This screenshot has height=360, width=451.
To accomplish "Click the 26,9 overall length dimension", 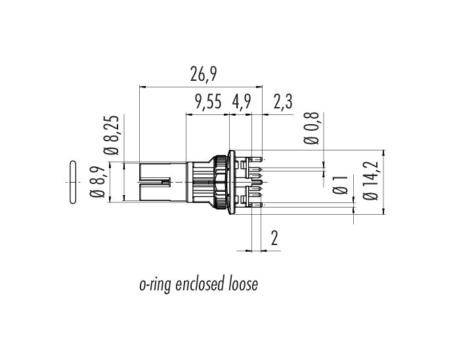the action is (203, 74).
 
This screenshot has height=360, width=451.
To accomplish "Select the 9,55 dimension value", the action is (209, 102).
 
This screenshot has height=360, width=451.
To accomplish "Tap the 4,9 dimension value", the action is (242, 102).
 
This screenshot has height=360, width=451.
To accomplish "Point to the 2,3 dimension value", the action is (283, 102).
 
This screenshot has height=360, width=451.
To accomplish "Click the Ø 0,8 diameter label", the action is (312, 128).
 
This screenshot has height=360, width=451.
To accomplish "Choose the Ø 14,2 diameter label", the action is (371, 181).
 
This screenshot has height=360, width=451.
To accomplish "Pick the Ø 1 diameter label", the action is (340, 185).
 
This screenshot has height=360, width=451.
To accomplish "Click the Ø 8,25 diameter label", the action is (112, 135).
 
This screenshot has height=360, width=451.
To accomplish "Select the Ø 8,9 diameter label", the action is (97, 181).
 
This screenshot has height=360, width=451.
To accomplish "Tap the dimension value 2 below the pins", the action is (274, 238).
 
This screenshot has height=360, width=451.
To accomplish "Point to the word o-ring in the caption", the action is (156, 285).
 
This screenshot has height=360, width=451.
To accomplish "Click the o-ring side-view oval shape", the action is (73, 182).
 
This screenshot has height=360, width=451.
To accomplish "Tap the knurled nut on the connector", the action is (220, 182).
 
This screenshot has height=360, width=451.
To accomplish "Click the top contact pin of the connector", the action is (256, 159).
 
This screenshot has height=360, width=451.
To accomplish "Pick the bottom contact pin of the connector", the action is (256, 205).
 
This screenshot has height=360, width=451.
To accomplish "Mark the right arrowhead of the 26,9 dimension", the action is (260, 86).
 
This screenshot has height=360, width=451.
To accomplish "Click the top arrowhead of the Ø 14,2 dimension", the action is (383, 153).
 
